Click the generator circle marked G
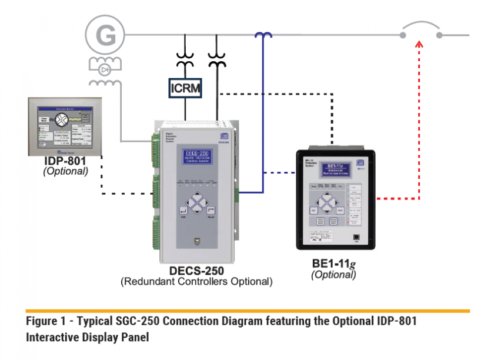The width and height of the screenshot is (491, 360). point(106,35)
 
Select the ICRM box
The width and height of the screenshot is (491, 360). point(186,89)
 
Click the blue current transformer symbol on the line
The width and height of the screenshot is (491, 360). point(263,35)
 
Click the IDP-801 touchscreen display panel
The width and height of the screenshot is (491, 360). point(64,127)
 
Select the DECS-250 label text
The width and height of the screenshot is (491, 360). point(196,271)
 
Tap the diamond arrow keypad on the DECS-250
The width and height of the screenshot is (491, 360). point(198,203)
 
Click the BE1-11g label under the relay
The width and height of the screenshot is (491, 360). point(333,264)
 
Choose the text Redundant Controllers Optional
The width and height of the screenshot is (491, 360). point(197,282)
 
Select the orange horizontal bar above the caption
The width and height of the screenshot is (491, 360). point(248,310)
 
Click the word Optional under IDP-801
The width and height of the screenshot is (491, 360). point(65,172)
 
